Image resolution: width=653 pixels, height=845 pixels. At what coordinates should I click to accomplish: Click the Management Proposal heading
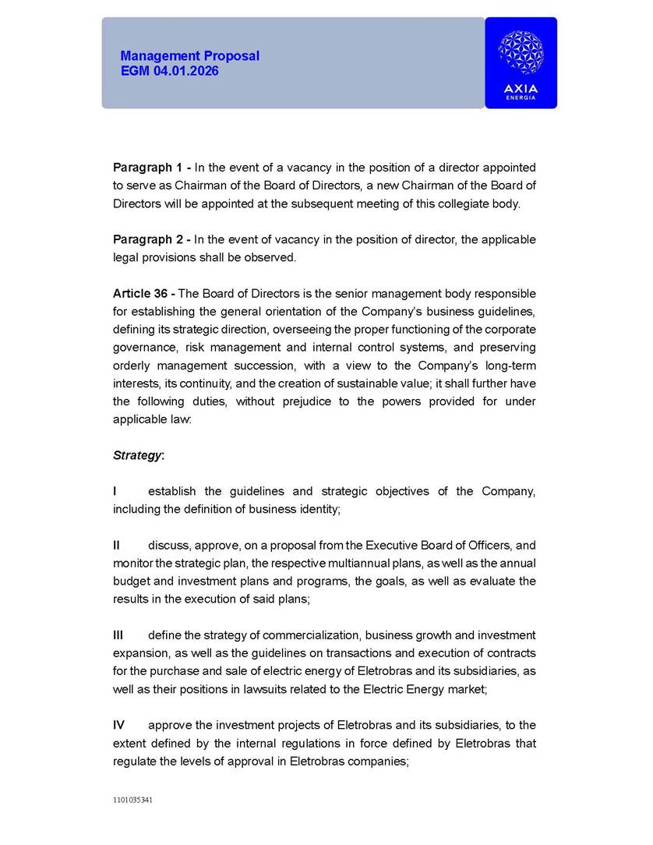click(189, 56)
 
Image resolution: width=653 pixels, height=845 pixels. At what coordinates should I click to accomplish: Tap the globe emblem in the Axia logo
click(521, 53)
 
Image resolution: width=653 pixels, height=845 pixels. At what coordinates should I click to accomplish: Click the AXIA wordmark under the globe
click(521, 89)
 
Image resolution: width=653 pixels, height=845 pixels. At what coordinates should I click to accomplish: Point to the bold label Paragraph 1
click(150, 168)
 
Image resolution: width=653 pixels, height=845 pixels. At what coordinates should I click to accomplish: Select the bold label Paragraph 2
click(150, 239)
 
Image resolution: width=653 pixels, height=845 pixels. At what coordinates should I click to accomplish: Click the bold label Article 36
click(144, 293)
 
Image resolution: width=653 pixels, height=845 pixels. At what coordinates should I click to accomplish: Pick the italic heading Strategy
click(137, 454)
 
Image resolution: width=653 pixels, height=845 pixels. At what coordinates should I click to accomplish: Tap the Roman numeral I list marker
click(115, 491)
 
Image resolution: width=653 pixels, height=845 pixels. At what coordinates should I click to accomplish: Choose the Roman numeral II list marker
click(117, 545)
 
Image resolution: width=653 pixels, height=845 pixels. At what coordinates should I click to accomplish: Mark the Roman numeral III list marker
click(118, 635)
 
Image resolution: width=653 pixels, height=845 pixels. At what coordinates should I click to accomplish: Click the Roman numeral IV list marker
click(119, 725)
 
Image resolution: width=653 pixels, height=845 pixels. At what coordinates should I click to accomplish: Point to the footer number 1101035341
click(132, 800)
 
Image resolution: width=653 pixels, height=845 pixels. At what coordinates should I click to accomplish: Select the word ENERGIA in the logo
click(521, 98)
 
